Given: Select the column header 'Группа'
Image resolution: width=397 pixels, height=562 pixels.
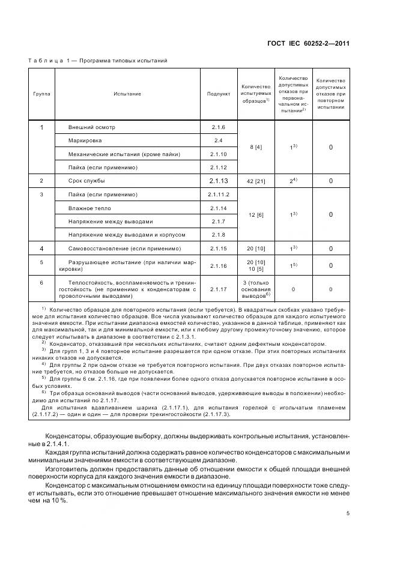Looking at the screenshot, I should coord(41,94).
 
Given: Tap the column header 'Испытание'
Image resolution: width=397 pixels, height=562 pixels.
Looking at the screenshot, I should coord(127,94).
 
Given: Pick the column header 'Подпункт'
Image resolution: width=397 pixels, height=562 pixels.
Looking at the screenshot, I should coord(218,94).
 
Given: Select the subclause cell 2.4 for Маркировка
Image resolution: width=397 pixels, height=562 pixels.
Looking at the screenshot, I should coord(218,140).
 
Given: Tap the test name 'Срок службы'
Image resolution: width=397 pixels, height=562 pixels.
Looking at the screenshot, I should coord(86,181).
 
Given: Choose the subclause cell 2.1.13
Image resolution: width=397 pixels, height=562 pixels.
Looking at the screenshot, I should coord(218,181).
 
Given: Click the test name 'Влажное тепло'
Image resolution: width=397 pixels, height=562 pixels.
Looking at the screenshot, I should coord(89,208).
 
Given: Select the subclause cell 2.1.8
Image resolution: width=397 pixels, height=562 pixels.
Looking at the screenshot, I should coord(218,234).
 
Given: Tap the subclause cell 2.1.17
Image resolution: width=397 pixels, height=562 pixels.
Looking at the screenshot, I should coord(218,289).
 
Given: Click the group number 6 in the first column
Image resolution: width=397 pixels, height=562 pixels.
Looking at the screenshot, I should coord(41,282).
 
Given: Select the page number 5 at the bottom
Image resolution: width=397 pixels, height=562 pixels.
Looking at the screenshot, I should coord(348,513).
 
